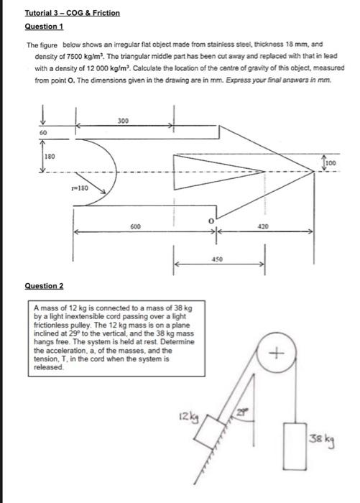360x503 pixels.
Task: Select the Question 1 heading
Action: [x=44, y=26]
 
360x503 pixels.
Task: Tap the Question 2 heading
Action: [x=44, y=285]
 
